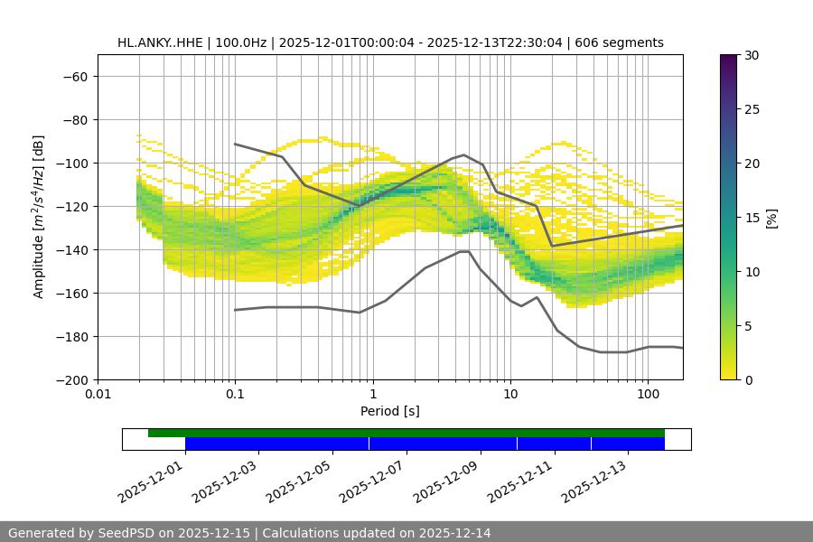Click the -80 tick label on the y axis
[74, 119]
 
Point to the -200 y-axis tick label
[70, 379]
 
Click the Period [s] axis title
[390, 411]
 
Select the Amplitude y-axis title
[38, 217]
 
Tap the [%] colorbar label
[771, 218]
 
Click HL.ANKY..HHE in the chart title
[160, 42]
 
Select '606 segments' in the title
[622, 42]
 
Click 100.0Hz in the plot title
[241, 42]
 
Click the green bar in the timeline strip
[406, 433]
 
